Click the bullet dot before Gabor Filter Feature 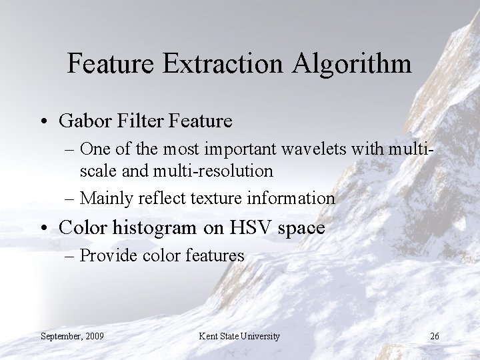point(45,122)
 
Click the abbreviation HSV point(245,228)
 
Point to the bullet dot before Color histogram point(45,229)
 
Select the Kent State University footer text point(239,336)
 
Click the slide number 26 point(434,336)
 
